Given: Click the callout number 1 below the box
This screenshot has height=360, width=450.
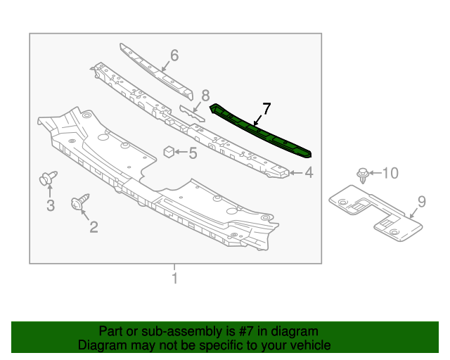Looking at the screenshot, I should pos(174,278).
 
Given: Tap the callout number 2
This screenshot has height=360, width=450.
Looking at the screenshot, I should pos(93,226).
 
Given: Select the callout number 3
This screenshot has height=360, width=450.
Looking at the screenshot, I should pos(51,205).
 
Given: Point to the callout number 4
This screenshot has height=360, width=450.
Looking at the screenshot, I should pos(308,172).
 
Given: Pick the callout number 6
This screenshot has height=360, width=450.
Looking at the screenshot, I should pos(174,55).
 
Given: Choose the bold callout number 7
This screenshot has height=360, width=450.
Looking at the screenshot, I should pos(266,108).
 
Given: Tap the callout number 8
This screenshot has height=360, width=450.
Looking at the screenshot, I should pos(205,95).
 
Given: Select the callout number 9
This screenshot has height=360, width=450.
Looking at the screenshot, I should pos(421,202).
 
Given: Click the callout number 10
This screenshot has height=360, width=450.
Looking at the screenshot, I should pos(390,172).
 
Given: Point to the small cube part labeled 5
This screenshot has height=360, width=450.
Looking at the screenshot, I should pos(169,151).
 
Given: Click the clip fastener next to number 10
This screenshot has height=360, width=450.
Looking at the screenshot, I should pos(362,174).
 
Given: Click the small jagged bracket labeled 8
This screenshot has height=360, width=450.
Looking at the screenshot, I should pos(191,113).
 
